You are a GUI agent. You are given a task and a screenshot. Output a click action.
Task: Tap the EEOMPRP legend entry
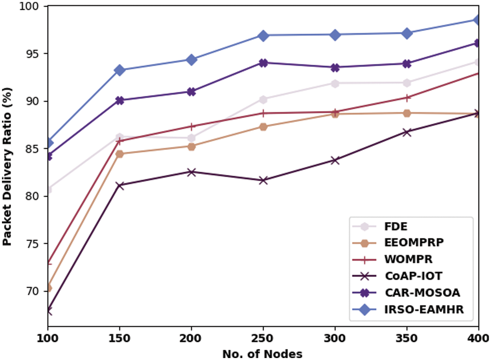pos(414,243)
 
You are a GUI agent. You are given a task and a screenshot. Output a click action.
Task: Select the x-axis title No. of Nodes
pos(262,354)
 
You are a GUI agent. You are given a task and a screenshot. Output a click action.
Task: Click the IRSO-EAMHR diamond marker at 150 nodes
pos(120,70)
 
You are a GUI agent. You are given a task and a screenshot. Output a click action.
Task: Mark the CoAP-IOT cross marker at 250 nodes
pos(263,180)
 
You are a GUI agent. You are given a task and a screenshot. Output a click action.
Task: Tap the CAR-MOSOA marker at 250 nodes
pos(263,63)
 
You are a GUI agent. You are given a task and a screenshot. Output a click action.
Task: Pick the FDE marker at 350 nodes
pos(407,83)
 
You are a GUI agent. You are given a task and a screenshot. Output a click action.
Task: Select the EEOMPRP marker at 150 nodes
pos(120,154)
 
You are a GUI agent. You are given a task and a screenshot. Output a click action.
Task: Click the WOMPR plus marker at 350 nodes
pos(407,97)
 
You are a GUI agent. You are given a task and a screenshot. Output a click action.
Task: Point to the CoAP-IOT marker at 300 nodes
pos(335,160)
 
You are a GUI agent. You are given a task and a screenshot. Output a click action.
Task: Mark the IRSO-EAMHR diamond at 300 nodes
pos(335,35)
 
